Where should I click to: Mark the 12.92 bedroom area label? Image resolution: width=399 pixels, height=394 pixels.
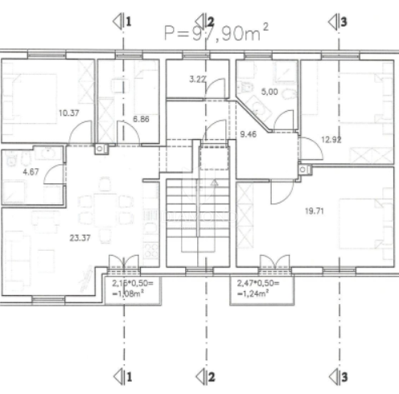coord(332,139)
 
